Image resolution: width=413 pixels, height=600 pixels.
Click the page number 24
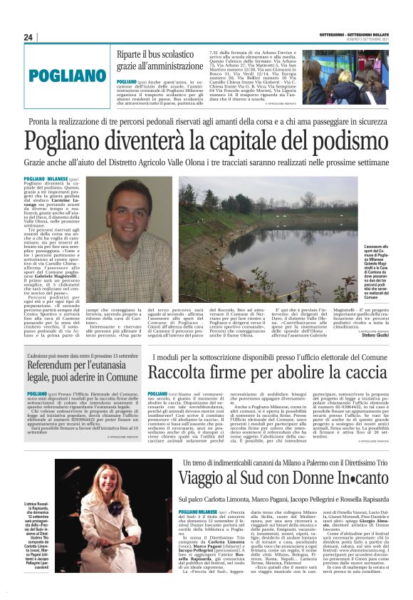(x=28, y=37)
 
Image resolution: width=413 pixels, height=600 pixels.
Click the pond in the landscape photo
(x=285, y=242)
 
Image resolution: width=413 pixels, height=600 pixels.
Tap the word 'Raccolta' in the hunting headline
(x=182, y=373)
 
